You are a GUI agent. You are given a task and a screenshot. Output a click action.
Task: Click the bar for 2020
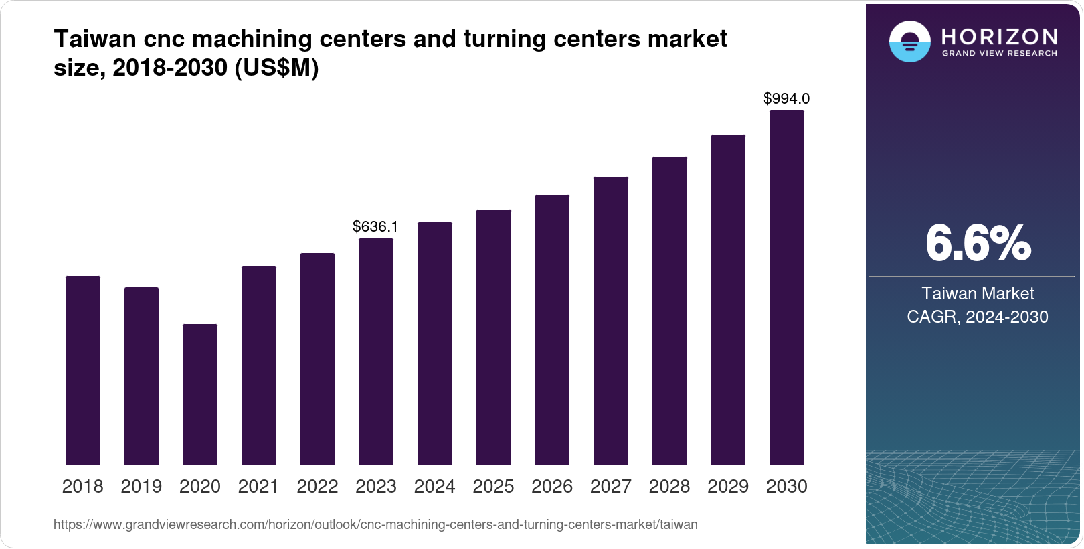click(199, 394)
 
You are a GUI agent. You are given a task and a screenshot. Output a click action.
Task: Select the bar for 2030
click(786, 288)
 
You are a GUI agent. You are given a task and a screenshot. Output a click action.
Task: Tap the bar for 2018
click(82, 370)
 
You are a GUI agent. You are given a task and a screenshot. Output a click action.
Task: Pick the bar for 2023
click(375, 351)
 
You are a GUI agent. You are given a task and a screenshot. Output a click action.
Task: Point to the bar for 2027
click(610, 321)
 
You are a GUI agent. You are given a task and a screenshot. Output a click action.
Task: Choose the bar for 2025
click(493, 337)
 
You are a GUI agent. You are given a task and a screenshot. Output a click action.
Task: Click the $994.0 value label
click(786, 99)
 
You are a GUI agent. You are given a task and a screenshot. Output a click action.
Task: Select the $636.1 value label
click(375, 227)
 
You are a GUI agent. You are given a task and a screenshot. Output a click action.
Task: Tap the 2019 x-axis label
click(141, 487)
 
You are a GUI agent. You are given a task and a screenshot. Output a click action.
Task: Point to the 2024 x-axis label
click(434, 487)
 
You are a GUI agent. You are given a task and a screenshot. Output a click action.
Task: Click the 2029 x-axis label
click(728, 487)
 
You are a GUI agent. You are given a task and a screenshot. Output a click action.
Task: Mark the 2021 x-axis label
click(258, 487)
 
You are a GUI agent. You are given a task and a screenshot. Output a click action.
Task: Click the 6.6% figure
click(978, 244)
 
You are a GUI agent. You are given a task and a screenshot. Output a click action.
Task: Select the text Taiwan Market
click(978, 293)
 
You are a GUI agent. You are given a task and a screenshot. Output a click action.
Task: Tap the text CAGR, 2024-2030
click(978, 317)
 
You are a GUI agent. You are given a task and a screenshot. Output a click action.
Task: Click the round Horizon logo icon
click(909, 42)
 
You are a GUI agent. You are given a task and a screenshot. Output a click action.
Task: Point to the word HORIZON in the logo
click(999, 36)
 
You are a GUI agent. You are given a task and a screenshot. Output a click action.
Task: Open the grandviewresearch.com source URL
click(375, 525)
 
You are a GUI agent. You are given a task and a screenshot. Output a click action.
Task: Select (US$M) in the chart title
click(276, 68)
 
